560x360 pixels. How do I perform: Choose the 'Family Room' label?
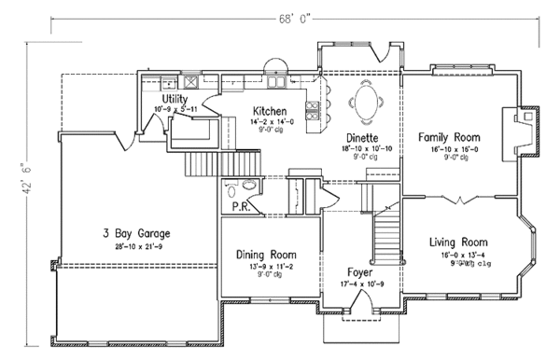(453, 135)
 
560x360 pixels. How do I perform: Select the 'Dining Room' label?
(266, 254)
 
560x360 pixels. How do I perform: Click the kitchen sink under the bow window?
(274, 76)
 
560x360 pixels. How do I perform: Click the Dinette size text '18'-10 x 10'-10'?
(364, 148)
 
